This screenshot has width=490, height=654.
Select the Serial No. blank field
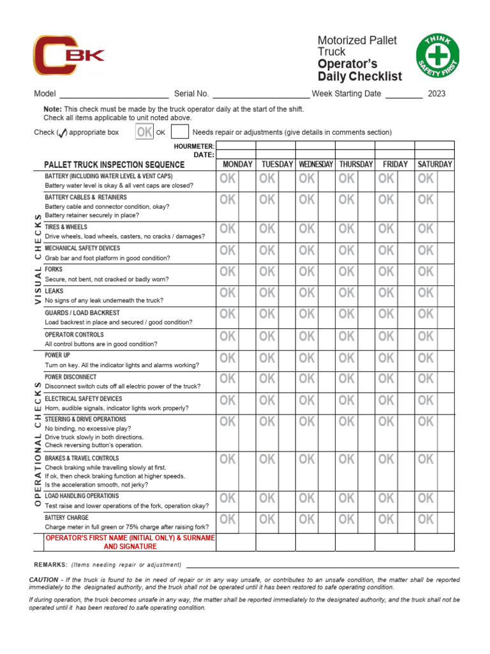(260, 94)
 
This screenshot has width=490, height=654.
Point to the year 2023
(437, 94)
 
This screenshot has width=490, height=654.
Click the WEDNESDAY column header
(315, 164)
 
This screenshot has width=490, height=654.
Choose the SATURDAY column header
(434, 164)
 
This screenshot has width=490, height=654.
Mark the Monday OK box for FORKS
(228, 272)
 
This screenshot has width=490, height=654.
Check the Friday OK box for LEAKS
(386, 293)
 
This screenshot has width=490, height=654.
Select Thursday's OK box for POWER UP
(346, 358)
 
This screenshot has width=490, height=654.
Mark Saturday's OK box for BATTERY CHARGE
(426, 520)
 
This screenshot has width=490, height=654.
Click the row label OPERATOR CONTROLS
(74, 335)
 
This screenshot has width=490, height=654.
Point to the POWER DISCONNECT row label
(71, 377)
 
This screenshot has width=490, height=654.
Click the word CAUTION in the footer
(43, 580)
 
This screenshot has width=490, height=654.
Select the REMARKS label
(50, 565)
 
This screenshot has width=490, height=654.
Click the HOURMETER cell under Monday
(236, 146)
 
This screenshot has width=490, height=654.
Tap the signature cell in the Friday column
(395, 542)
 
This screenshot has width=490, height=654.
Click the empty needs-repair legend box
(180, 132)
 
